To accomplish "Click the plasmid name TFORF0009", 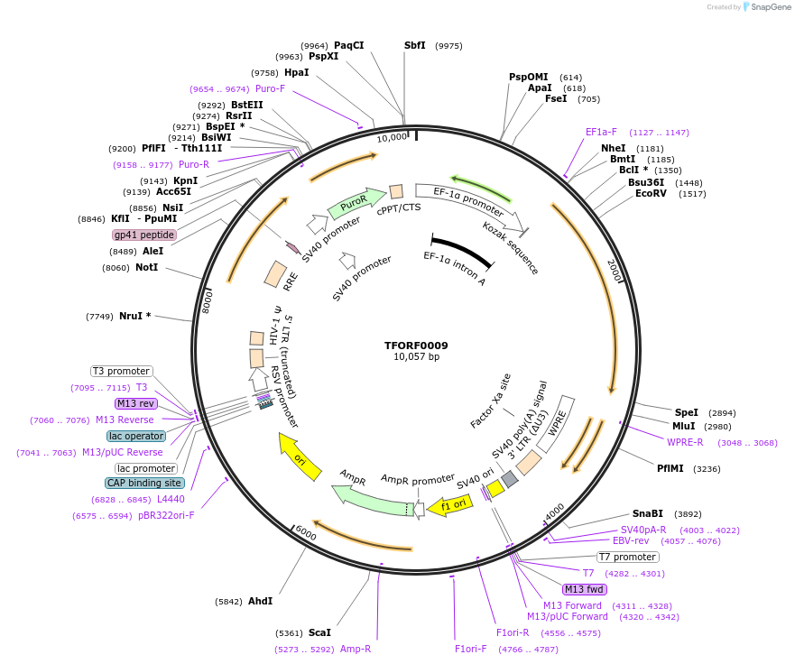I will pos(416,346).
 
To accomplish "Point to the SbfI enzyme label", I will pos(415,45).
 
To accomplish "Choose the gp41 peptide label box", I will pos(144,235).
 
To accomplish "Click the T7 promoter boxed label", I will pos(628,557).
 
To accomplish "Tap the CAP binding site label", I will pos(143,483).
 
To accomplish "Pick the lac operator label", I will pos(136,436).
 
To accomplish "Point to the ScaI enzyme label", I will pos(319,632).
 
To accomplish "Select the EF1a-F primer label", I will pos(601,132).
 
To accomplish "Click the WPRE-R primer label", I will pos(685,442).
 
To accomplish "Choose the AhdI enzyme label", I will pos(260,601).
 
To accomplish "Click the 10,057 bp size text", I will pos(416,357).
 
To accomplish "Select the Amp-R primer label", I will pos(356,649).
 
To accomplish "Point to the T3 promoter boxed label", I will pos(122,371).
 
